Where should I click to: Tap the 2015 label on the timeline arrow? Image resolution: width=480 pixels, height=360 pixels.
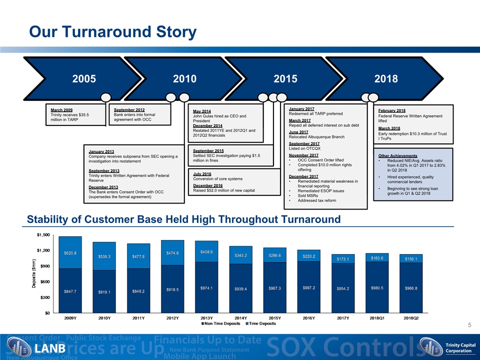click(x=285, y=78)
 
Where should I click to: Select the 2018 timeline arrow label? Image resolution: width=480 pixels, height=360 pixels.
click(x=385, y=78)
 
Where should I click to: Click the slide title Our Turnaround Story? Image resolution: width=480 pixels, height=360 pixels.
click(x=112, y=32)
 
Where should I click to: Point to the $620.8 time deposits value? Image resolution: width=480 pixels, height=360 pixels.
click(x=69, y=253)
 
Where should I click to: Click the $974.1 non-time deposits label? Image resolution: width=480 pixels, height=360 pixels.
click(x=206, y=289)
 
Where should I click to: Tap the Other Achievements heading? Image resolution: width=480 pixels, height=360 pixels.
click(x=398, y=156)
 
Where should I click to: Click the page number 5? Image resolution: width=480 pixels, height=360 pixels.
click(x=469, y=325)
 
